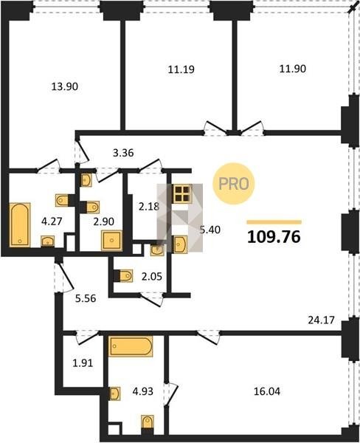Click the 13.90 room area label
65,86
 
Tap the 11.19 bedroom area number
181,69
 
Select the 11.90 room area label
293,69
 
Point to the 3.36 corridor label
123,153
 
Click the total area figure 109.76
274,237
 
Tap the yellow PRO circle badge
234,184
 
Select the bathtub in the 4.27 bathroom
20,224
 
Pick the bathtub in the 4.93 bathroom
131,346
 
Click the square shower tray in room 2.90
112,241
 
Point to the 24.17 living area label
321,320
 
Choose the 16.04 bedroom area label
267,391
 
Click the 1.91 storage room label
83,363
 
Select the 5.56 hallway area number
86,298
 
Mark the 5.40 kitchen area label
210,230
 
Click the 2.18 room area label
149,207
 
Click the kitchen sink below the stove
180,244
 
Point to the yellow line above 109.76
274,222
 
